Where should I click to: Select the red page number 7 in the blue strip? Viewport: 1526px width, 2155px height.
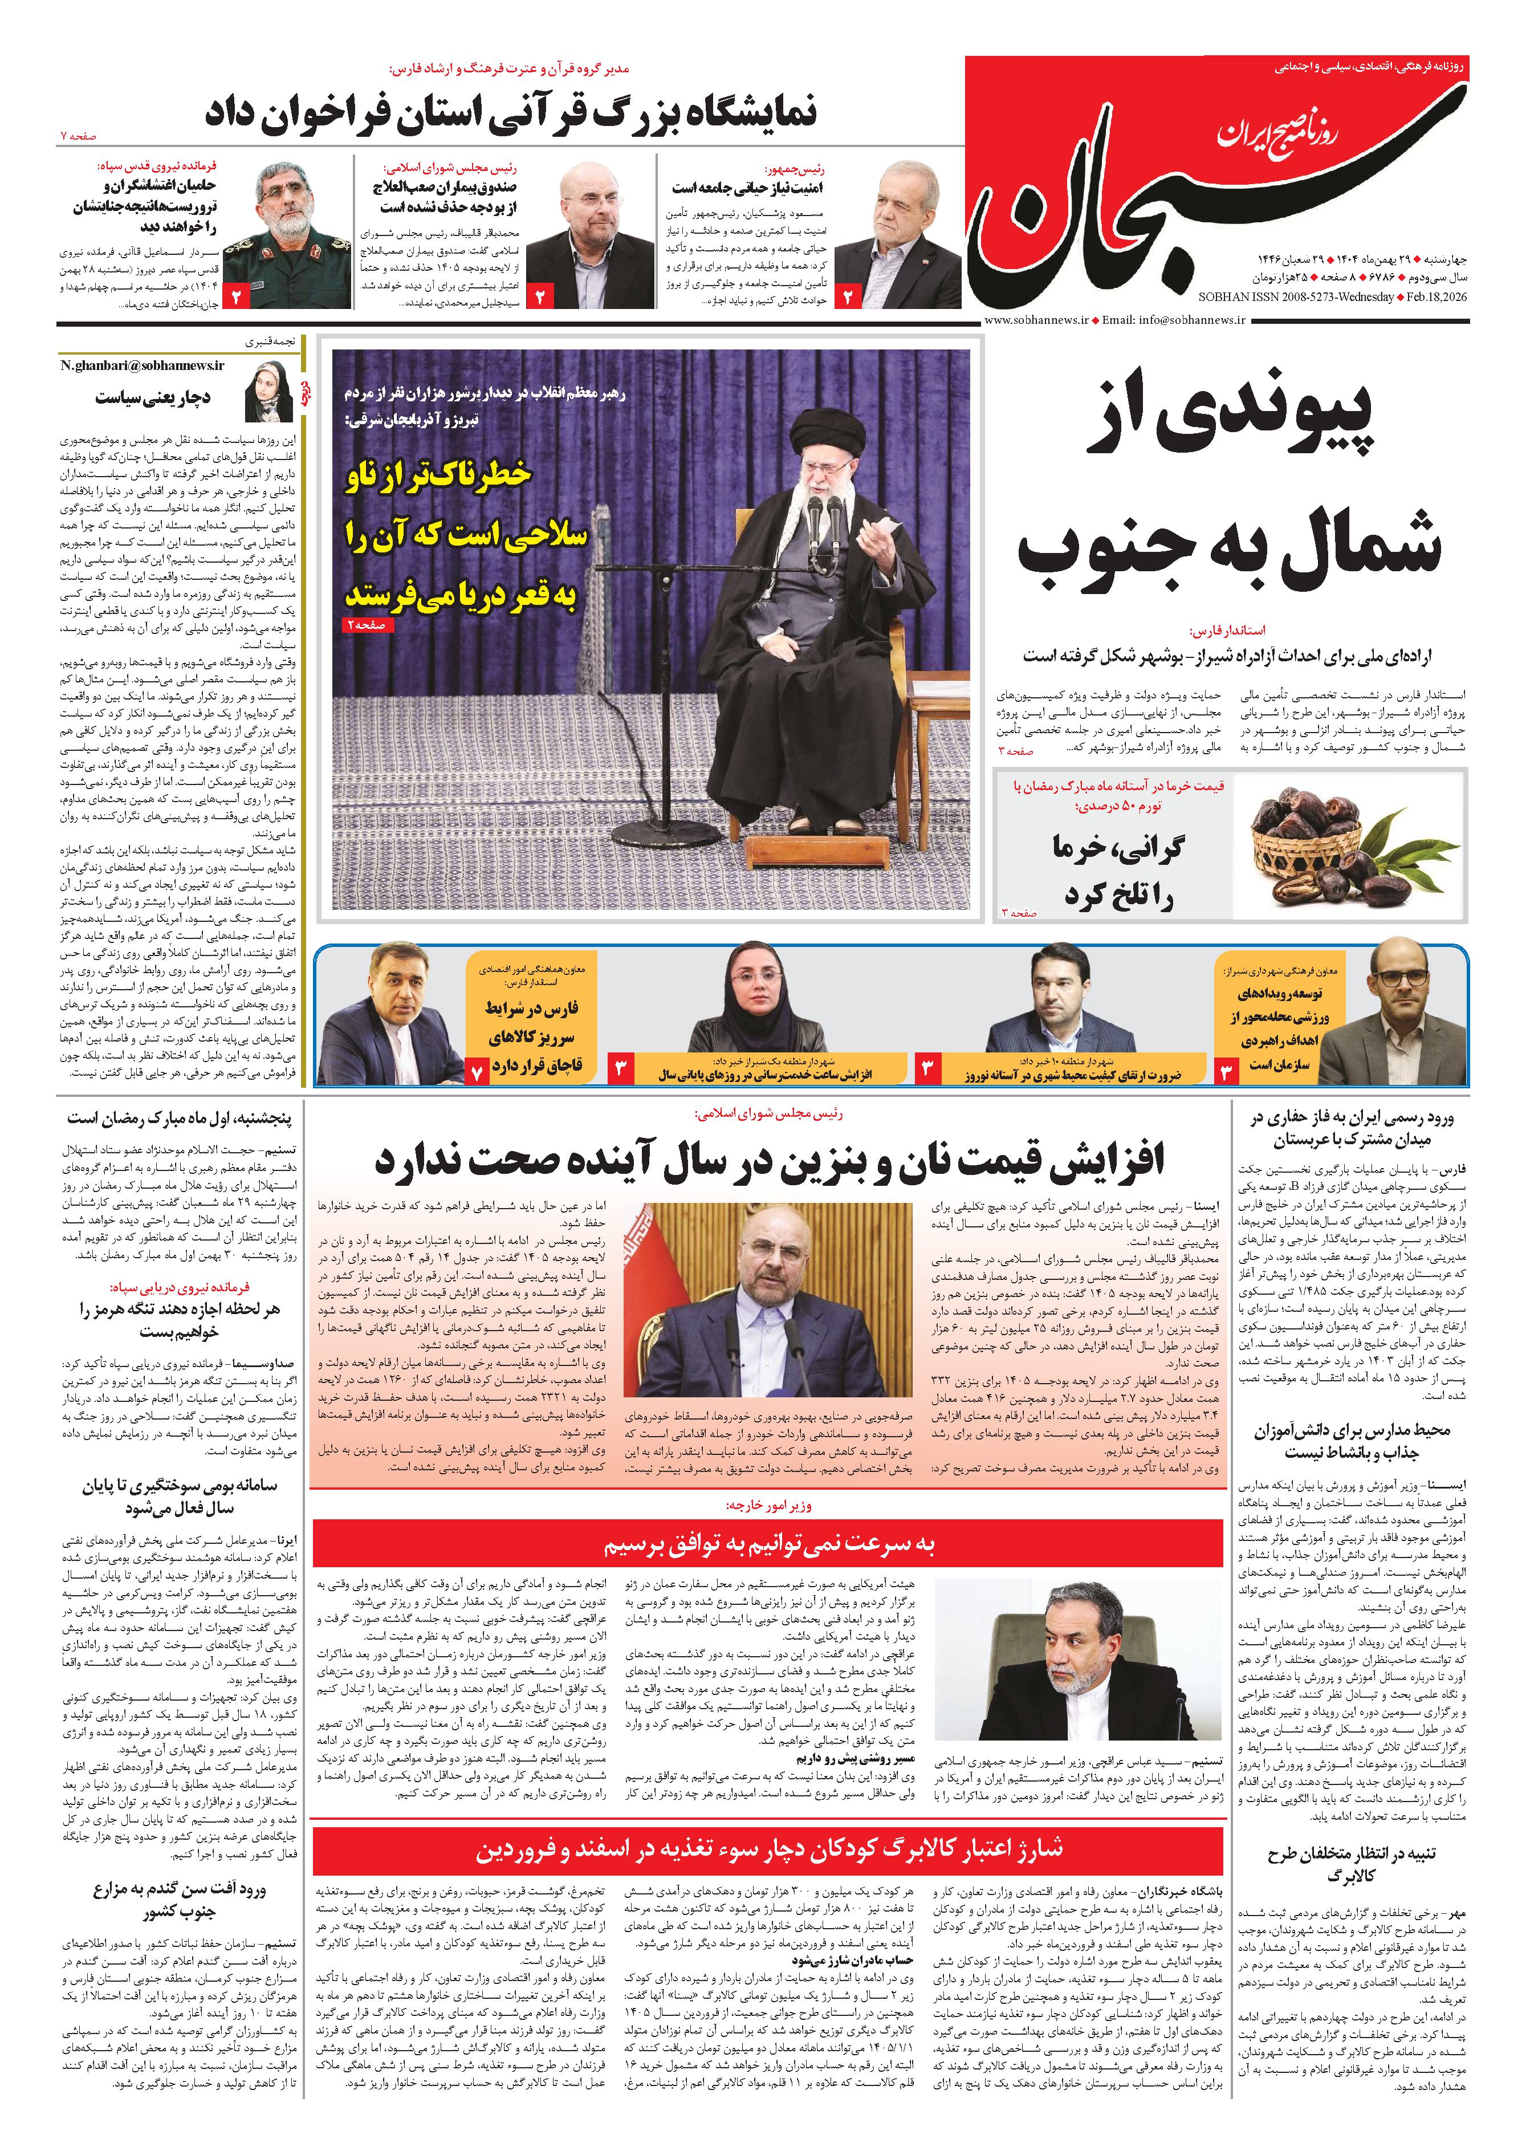coord(477,1071)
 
